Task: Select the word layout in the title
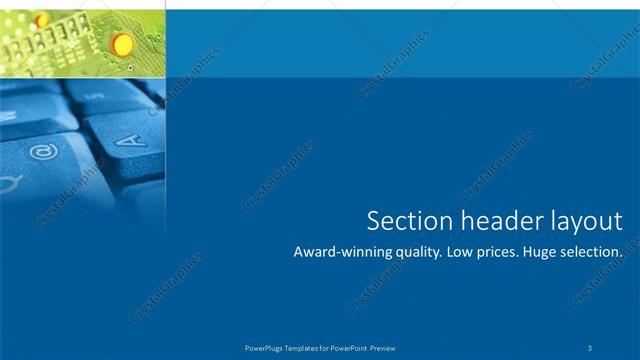coord(581,221)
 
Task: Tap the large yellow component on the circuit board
coord(122,43)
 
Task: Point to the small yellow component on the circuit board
coord(41,19)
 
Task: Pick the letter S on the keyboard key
coord(97,96)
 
